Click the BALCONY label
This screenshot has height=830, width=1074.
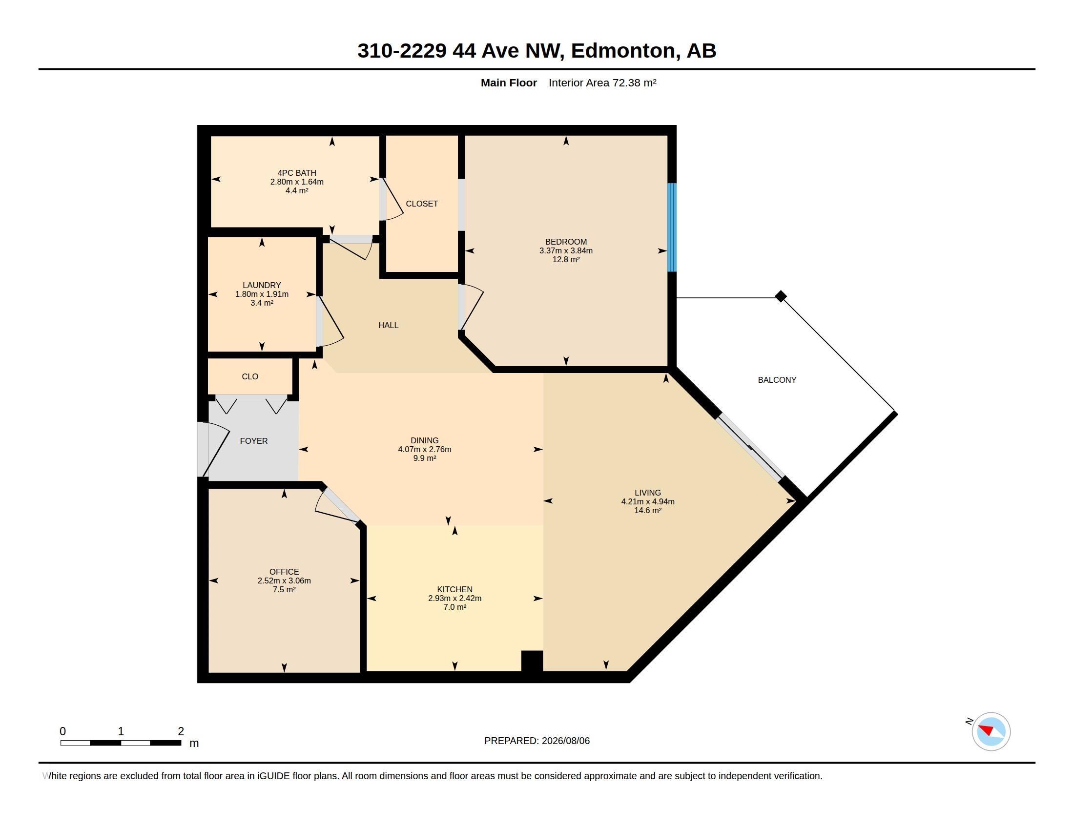[777, 379]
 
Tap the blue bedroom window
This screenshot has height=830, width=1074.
[672, 227]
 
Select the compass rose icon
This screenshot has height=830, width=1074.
[991, 731]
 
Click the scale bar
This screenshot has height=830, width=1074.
[121, 743]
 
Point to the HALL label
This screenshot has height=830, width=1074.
[389, 325]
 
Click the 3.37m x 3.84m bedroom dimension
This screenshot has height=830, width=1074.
[566, 250]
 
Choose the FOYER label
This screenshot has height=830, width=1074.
[254, 441]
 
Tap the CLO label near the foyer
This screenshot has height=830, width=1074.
[250, 376]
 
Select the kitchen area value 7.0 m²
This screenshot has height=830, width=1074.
[455, 607]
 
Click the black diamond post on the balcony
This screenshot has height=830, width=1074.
[781, 296]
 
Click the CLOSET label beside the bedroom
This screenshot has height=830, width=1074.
[422, 204]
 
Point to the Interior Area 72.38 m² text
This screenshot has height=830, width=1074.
[602, 83]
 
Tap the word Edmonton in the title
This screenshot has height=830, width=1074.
[623, 50]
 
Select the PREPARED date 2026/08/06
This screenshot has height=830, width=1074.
[565, 741]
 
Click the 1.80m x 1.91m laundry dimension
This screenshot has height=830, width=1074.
[262, 294]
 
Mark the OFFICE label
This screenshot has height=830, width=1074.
[284, 572]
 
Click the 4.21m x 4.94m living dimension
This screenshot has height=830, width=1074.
[648, 501]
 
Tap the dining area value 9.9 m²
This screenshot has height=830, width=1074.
[425, 458]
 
